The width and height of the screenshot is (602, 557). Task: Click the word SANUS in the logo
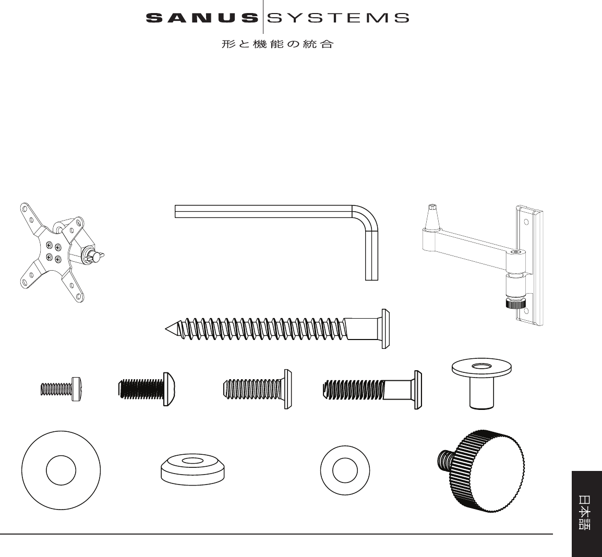pos(202,18)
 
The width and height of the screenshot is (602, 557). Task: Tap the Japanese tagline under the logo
pos(277,45)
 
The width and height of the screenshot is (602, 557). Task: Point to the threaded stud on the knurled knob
pos(444,459)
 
